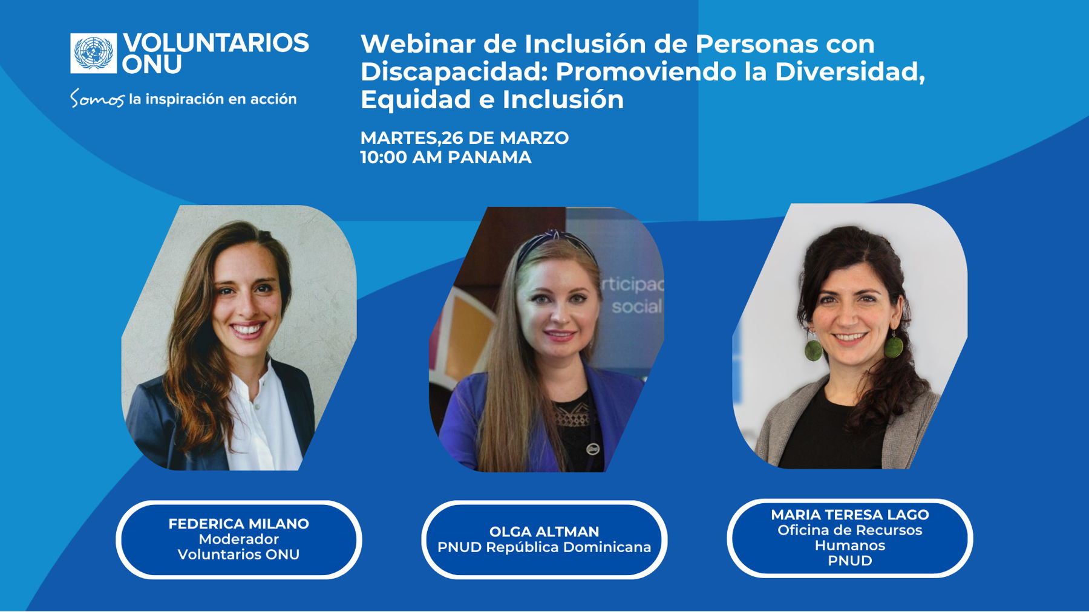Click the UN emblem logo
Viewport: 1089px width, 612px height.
pos(93,53)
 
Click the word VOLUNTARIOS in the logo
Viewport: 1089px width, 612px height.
pos(216,43)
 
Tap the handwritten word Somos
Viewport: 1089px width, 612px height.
pos(97,99)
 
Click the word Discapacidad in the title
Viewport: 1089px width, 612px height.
pos(454,71)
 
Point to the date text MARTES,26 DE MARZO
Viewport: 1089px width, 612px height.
pos(464,138)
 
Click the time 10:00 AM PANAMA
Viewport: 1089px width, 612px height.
pos(446,157)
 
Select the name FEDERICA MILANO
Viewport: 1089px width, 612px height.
pos(238,524)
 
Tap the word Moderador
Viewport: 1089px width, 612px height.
pos(238,539)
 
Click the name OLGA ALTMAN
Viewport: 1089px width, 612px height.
pos(544,532)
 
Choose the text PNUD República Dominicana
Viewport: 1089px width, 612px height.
pos(544,547)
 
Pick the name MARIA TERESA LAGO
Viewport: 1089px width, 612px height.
pos(849,515)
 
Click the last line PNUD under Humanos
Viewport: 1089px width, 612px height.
pos(849,561)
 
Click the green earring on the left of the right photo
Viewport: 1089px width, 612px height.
pos(813,348)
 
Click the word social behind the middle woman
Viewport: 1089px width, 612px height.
pos(636,307)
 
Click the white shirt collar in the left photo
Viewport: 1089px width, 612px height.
pos(260,387)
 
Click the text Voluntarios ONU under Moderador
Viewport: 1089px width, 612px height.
pos(238,555)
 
